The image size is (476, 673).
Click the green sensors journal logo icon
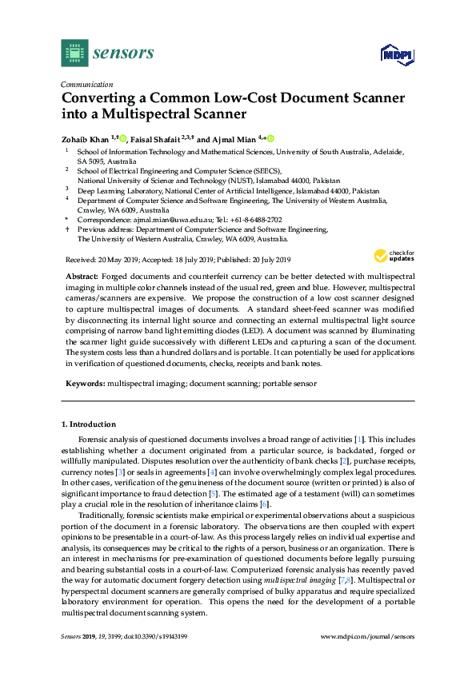[x=74, y=53]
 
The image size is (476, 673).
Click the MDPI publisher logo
[x=394, y=54]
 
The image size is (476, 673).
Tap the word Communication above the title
[x=86, y=84]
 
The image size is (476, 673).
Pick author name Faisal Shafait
[x=155, y=138]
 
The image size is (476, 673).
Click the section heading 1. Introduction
[x=89, y=424]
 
